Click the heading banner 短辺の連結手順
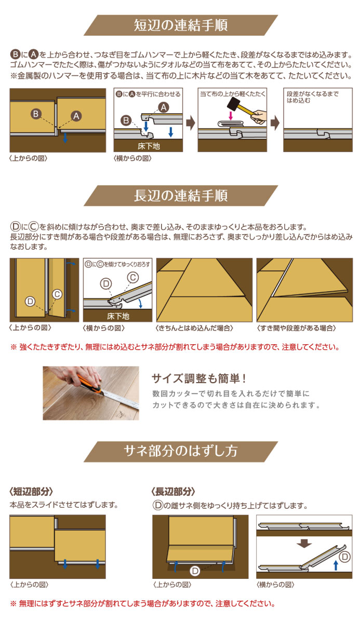click(x=180, y=25)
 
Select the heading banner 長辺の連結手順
click(x=180, y=196)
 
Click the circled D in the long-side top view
click(x=30, y=301)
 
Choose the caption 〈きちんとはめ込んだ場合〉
click(x=194, y=328)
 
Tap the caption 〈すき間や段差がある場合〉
click(x=297, y=328)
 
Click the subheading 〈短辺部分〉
click(x=31, y=491)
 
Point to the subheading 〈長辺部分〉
click(x=174, y=491)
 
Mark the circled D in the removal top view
click(x=195, y=571)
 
